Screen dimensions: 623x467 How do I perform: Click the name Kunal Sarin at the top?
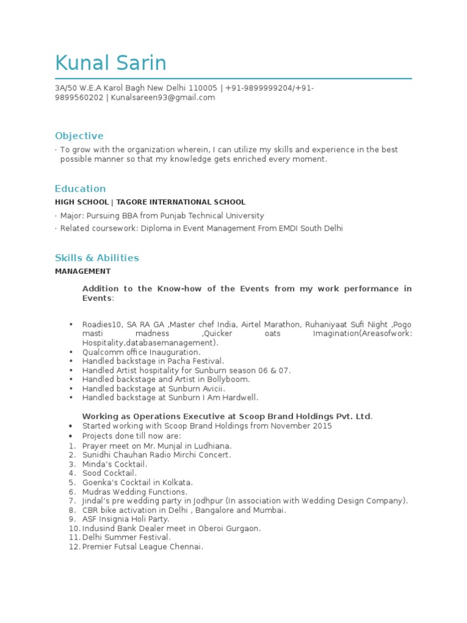111,63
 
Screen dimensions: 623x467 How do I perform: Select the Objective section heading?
79,136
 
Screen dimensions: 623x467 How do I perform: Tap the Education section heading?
80,189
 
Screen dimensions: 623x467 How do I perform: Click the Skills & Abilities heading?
97,258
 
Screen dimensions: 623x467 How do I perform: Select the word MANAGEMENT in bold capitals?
83,271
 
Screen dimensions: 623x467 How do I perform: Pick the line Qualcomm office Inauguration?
141,352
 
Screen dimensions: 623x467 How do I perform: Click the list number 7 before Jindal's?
71,501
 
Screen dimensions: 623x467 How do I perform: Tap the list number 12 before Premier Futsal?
74,547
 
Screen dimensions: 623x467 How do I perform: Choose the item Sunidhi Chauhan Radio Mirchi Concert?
157,455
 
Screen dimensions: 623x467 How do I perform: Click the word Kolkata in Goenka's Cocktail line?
176,482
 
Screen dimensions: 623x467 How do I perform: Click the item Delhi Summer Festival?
126,538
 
